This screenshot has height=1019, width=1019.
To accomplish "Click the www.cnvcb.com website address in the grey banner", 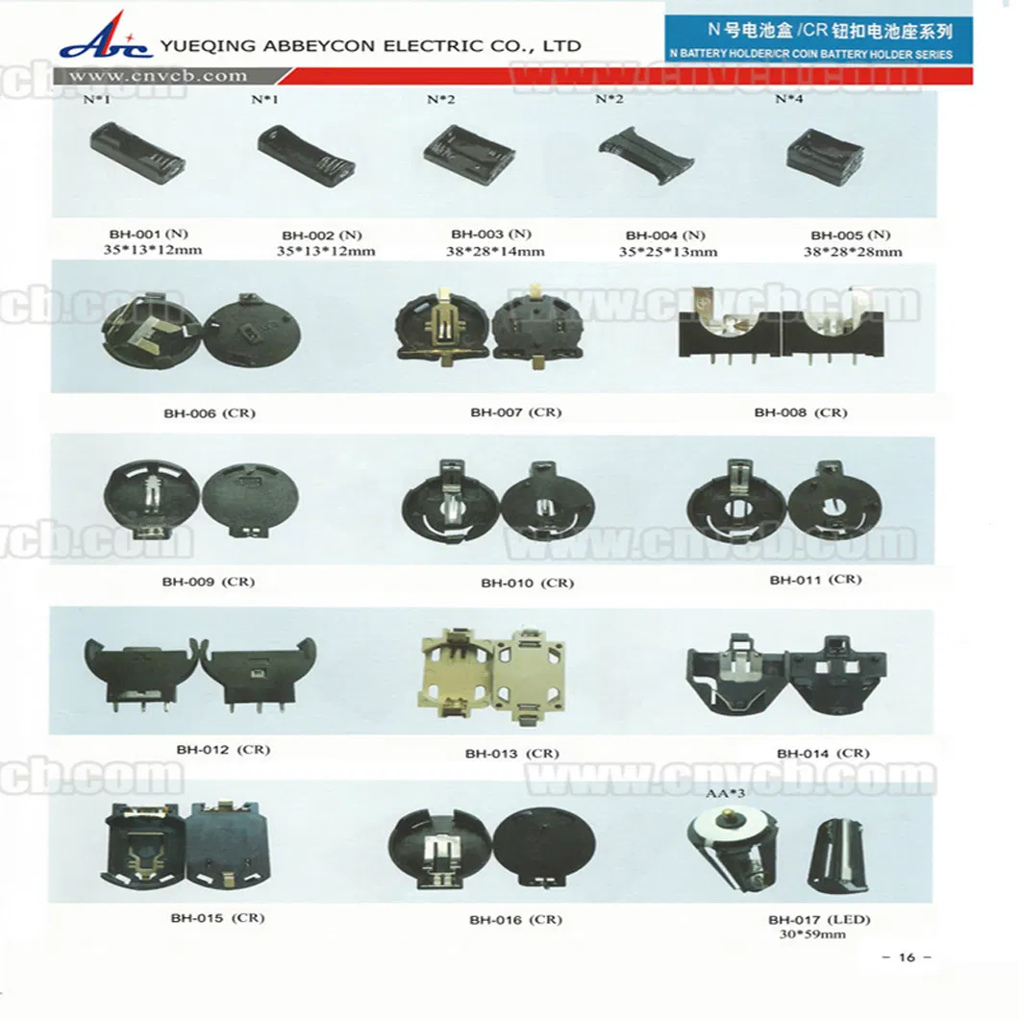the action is point(158,76).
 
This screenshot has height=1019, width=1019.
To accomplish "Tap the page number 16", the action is point(907,957).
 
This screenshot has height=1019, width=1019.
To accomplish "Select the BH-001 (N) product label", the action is point(148,234).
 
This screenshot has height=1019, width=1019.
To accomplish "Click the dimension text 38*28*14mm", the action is point(494,252).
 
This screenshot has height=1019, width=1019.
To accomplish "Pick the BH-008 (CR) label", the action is point(800,412).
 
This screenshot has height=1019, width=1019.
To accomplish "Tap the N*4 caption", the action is point(789,99).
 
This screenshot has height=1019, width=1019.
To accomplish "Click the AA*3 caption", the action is point(725,793).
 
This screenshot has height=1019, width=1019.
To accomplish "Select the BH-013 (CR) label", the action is point(511,754).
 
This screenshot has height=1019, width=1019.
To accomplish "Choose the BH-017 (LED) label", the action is point(819,920).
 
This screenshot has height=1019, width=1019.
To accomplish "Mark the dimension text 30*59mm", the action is point(812,934).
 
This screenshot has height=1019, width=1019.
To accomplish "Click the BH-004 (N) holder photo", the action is point(646,154).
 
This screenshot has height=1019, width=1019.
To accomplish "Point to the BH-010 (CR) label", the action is point(527,583).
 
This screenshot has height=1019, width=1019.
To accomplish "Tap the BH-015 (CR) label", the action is point(217,918).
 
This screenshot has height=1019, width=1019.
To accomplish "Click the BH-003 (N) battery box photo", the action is point(469,155).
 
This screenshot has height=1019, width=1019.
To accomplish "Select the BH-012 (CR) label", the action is point(223,750).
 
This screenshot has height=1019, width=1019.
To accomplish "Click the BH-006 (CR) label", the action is point(210,413).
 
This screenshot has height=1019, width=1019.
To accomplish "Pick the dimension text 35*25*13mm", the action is point(668,252).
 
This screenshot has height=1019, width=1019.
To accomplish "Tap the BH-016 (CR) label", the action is point(515,920).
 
